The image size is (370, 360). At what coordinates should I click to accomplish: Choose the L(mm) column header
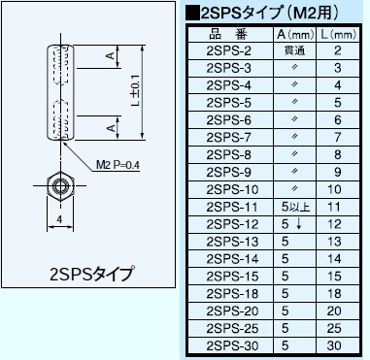click(x=336, y=35)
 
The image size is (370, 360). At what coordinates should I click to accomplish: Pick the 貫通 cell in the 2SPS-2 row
click(x=292, y=50)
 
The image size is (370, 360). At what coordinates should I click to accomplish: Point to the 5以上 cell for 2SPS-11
click(x=292, y=207)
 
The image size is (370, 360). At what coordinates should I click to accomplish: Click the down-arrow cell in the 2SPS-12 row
click(x=292, y=224)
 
